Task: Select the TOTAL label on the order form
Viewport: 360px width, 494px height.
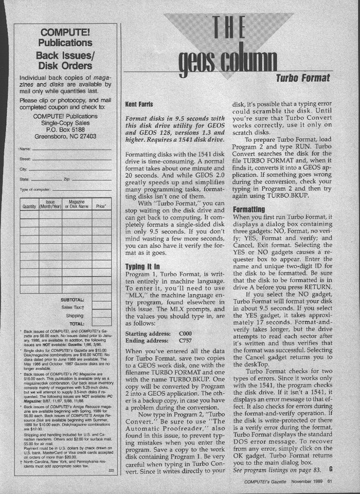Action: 77,324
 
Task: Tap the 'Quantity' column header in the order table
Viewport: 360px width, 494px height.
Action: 29,206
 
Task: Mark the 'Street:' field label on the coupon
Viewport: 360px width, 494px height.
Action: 25,159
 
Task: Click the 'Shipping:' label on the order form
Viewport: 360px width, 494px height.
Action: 75,316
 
